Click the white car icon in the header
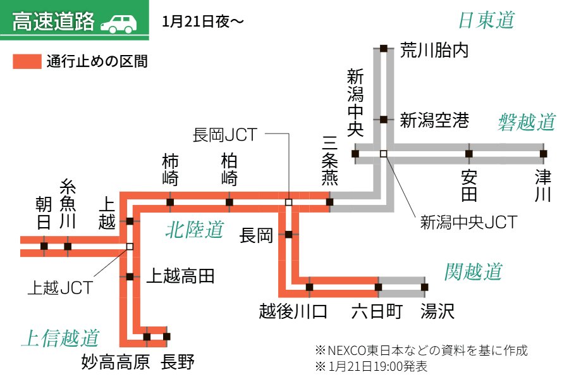tap(119, 23)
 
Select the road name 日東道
tap(486, 20)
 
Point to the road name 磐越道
tap(526, 121)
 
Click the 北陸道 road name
tap(195, 230)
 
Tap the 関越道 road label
tap(473, 272)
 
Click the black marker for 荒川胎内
tap(383, 48)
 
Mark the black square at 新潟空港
tap(383, 119)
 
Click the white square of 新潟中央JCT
tap(383, 153)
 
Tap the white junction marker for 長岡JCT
tap(288, 202)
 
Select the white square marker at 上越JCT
tap(130, 246)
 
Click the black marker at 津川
tap(543, 153)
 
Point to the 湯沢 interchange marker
tap(424, 287)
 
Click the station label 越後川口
tap(293, 311)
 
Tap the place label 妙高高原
tap(115, 363)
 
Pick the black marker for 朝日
tap(44, 246)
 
